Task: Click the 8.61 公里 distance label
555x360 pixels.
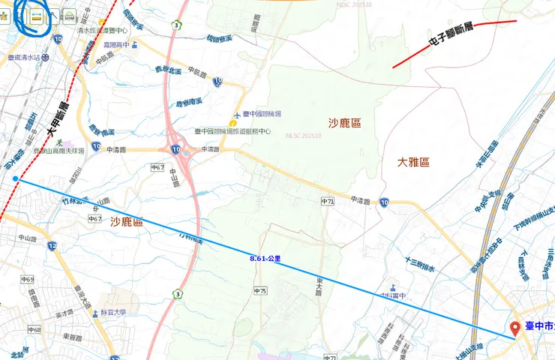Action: pos(265,258)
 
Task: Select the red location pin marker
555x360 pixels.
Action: pos(515,328)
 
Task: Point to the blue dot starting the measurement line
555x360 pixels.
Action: pos(16,178)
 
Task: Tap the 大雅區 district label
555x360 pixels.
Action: pos(413,162)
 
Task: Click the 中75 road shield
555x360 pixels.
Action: pos(260,290)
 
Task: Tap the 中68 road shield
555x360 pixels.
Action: pos(33,329)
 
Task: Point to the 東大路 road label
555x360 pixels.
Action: pos(313,284)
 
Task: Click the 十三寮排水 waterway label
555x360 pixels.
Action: pos(420,261)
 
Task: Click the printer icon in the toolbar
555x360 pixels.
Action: pos(69,15)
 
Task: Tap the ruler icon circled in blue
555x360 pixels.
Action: pos(36,16)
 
